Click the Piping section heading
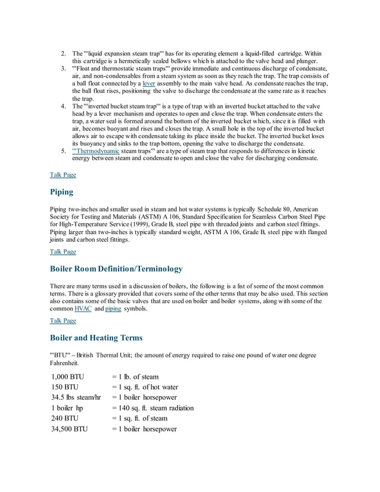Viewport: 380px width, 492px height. (62, 192)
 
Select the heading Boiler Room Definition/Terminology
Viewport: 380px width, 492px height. (116, 269)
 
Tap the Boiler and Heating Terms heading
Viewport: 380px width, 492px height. (96, 338)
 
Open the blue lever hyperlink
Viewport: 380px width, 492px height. (148, 84)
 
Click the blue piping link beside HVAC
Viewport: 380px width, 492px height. (113, 309)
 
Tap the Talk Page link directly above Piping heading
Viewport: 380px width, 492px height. (63, 175)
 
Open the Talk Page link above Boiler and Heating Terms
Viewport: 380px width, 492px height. (63, 320)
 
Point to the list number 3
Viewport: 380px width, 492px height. (63, 69)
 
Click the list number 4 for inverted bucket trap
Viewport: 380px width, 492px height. (63, 106)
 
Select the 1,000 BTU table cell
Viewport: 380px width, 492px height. (68, 376)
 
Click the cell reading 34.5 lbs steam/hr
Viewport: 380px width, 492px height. (76, 397)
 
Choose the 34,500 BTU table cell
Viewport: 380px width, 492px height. (69, 428)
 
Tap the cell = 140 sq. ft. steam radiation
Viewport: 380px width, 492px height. (152, 408)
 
